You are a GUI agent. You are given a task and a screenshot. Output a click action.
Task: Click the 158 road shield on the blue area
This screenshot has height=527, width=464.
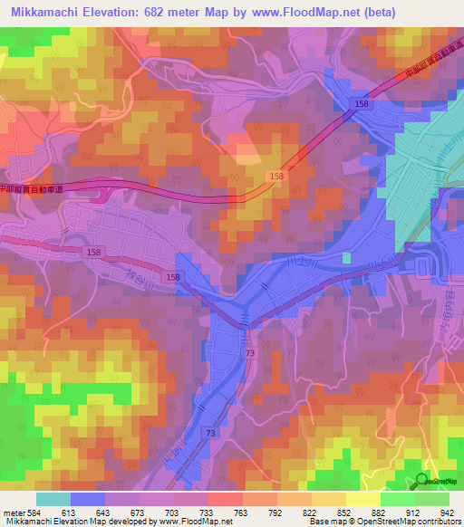362,105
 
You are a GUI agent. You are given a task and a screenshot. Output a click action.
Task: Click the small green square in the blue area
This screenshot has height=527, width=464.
346,258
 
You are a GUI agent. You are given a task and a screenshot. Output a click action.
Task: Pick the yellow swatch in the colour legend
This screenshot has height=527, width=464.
362,499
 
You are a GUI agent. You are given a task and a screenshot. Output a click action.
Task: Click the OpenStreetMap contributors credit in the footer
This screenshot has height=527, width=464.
412,522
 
